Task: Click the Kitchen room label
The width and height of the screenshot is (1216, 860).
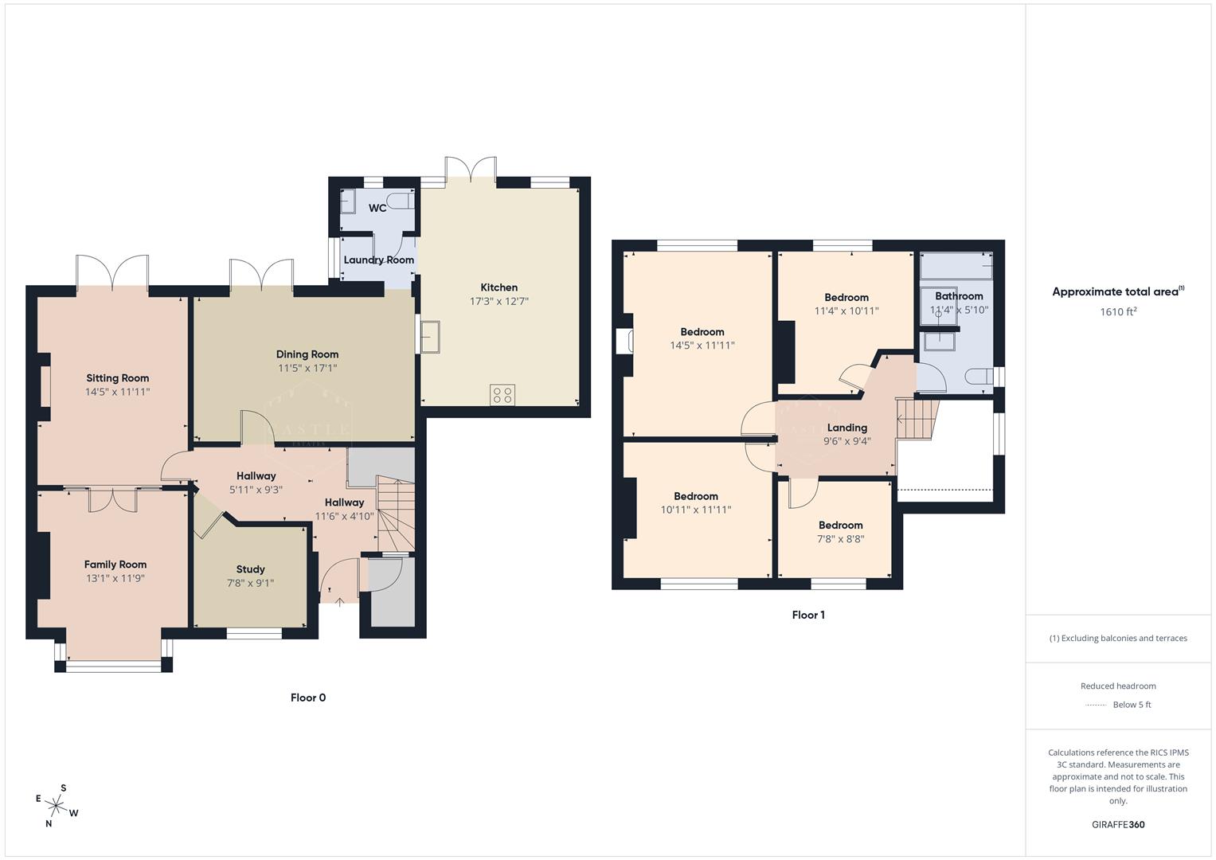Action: coord(499,287)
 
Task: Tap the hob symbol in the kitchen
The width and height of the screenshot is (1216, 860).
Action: coord(502,394)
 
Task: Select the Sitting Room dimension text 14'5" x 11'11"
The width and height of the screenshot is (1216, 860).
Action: coord(117,392)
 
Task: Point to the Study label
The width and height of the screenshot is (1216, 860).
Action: coord(250,569)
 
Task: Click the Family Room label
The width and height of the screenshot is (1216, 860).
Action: coord(115,565)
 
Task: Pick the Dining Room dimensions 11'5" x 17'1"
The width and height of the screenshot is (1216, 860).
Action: coord(307,368)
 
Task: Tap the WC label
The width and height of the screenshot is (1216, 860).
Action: coord(377,208)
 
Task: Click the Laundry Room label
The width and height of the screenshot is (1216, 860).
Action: coord(378,260)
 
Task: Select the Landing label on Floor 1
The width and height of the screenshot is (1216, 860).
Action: coord(847,428)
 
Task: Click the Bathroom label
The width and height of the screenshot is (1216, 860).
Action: coord(959,296)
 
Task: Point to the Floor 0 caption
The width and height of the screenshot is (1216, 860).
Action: coord(308,698)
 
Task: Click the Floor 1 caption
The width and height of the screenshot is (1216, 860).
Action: coord(808,615)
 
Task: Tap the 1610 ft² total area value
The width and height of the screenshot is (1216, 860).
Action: coord(1118,311)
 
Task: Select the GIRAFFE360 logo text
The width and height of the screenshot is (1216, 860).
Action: coord(1118,824)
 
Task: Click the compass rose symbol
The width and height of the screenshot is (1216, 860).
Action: coord(57,805)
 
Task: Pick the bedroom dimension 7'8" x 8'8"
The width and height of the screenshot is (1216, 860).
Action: coord(840,539)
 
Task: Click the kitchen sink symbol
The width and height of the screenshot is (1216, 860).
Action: coord(431,335)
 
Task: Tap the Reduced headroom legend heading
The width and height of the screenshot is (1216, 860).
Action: coord(1118,686)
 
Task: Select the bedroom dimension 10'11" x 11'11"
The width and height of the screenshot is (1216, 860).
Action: coord(695,510)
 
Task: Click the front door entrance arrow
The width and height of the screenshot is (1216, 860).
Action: coord(340,601)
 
